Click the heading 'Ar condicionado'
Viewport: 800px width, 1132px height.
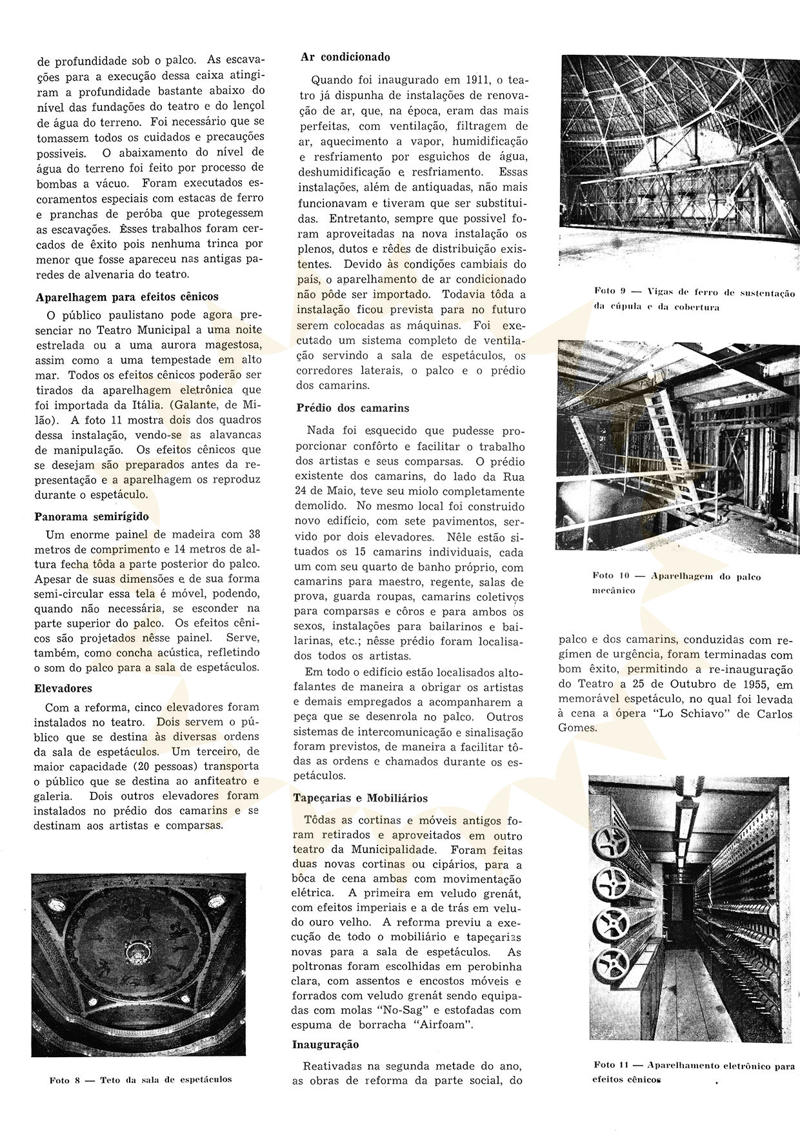[x=345, y=57]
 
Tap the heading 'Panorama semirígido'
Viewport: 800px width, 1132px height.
[x=92, y=516]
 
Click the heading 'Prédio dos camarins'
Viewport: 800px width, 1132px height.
[x=353, y=408]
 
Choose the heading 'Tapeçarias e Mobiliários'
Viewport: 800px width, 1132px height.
[x=360, y=798]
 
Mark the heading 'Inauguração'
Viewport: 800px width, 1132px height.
[x=326, y=1044]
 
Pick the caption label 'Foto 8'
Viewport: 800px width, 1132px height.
[x=64, y=1079]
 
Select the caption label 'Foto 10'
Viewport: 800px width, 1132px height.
[x=610, y=576]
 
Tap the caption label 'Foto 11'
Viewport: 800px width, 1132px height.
[x=610, y=1066]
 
